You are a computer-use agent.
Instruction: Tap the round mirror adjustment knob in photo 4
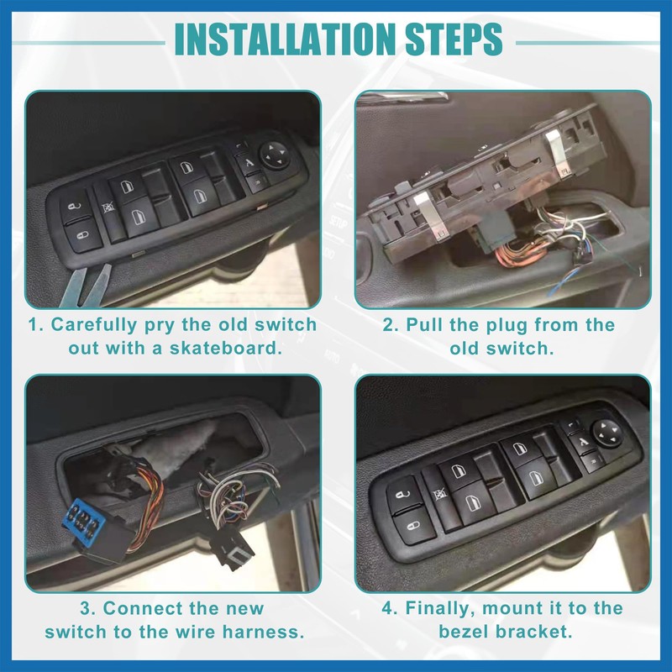[606, 433]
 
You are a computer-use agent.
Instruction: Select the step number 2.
[390, 325]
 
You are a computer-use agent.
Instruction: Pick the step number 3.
[88, 608]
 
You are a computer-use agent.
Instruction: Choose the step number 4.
[389, 608]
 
